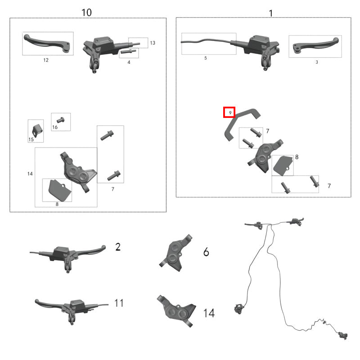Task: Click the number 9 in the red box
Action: (230, 113)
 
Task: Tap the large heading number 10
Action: (86, 13)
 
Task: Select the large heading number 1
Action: (271, 13)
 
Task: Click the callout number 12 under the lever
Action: (46, 60)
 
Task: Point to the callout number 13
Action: (153, 43)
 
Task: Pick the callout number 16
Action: (55, 127)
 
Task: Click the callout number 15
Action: (31, 139)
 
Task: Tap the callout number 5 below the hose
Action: (206, 58)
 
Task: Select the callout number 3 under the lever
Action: (317, 62)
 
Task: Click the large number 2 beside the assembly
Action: (118, 247)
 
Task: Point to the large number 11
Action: (119, 303)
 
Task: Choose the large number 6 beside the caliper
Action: (206, 252)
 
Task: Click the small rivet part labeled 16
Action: (61, 120)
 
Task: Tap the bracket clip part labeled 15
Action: (37, 130)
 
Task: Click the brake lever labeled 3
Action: (316, 45)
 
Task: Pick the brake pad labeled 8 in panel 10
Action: (59, 190)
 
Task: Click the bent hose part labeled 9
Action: (242, 125)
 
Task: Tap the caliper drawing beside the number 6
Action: (176, 253)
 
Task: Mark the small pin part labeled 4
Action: (128, 51)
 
